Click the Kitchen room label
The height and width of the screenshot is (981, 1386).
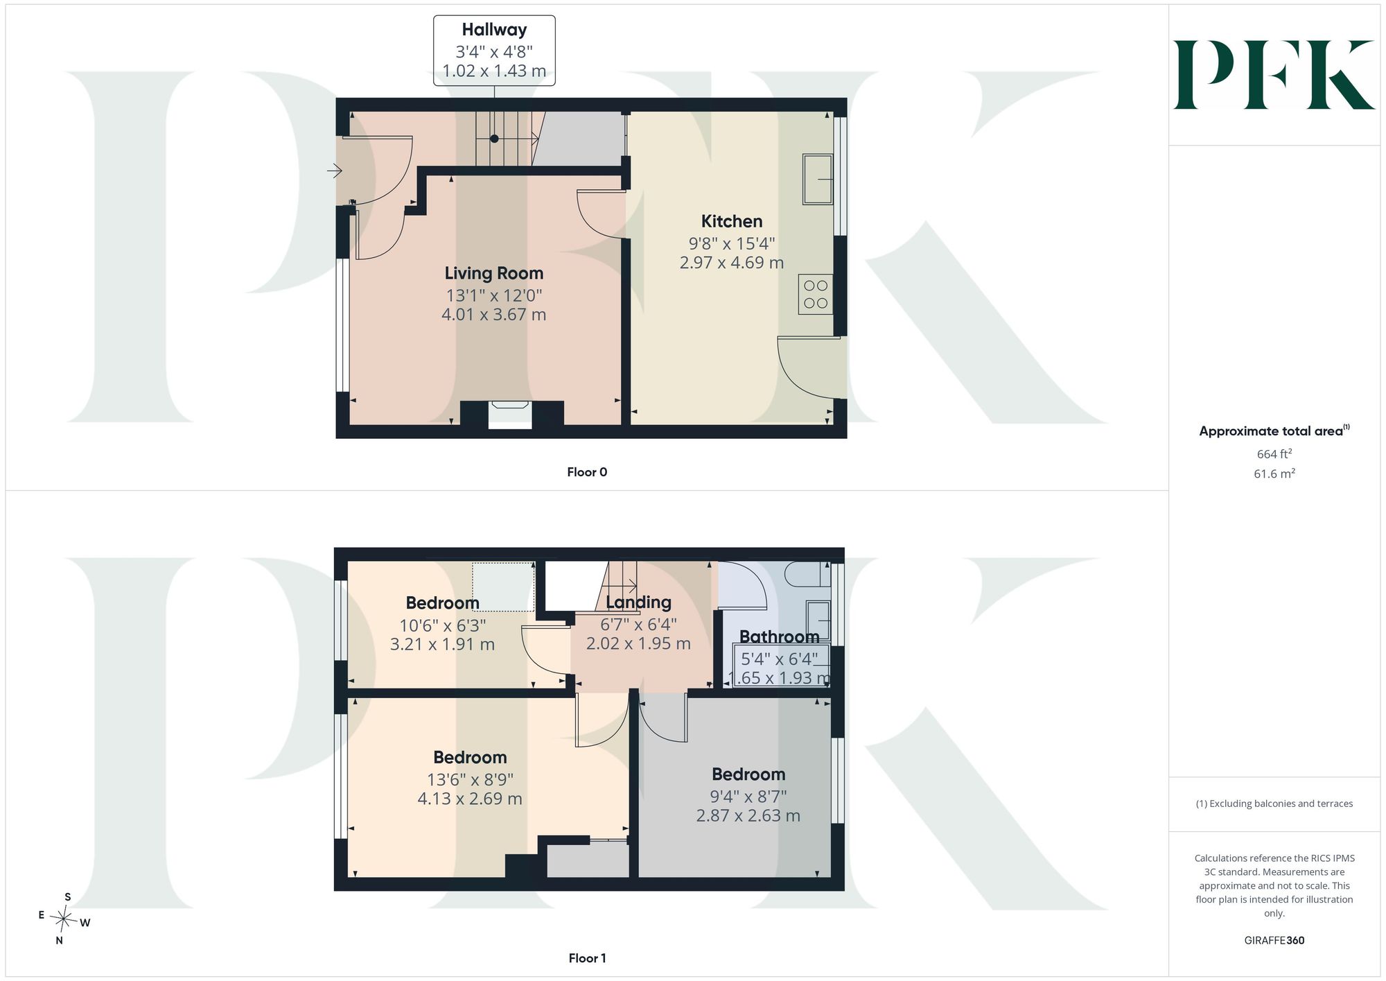click(732, 221)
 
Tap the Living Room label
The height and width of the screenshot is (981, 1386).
click(494, 273)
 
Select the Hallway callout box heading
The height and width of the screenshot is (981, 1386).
click(494, 30)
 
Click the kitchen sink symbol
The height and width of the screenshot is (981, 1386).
click(818, 179)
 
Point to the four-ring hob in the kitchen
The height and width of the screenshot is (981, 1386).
click(816, 295)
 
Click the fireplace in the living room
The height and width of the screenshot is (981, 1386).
click(510, 415)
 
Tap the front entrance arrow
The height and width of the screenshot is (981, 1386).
click(335, 170)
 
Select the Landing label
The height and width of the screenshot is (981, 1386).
click(638, 602)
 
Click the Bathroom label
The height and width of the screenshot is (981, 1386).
click(779, 636)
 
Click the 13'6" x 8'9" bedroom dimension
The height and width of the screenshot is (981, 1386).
click(470, 779)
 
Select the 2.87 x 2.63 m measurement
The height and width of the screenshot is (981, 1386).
click(748, 816)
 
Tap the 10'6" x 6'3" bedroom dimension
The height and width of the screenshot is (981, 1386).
click(442, 625)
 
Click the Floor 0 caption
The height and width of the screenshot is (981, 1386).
click(587, 472)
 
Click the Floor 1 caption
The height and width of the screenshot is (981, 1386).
click(587, 958)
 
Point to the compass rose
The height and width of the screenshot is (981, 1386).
click(64, 919)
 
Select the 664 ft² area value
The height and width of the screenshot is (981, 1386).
click(1274, 454)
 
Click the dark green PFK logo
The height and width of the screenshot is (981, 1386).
click(1274, 75)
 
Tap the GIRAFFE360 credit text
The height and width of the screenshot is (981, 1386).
click(1274, 940)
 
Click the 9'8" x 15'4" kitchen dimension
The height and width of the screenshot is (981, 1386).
click(732, 243)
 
